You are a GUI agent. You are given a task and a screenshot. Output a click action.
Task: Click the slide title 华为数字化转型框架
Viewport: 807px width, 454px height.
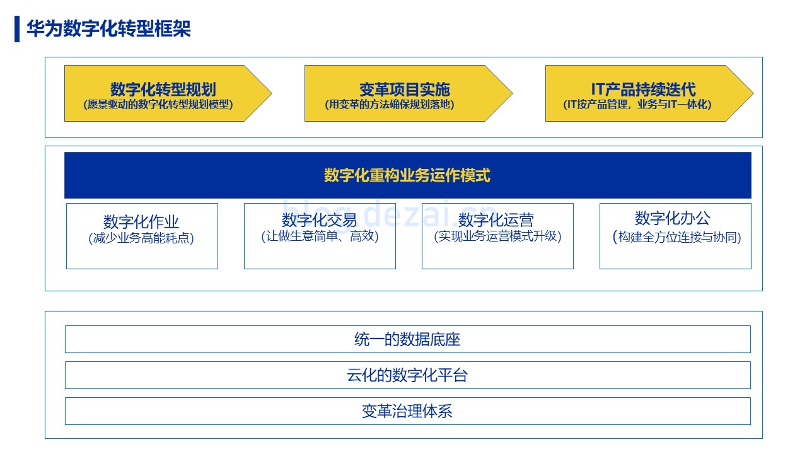[x=108, y=28]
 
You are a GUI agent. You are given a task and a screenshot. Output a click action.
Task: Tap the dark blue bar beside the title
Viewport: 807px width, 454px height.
[x=17, y=29]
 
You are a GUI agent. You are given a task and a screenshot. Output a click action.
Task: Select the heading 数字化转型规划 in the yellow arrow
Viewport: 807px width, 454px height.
[x=163, y=90]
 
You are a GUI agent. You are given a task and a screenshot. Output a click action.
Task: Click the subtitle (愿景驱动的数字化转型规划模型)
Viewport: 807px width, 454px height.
[x=158, y=105]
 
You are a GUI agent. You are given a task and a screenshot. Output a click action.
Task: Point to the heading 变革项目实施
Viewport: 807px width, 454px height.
[x=405, y=90]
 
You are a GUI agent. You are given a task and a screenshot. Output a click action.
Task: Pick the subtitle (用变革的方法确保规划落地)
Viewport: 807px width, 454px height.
[x=390, y=105]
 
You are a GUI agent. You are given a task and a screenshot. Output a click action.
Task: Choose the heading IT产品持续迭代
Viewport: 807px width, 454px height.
[x=644, y=90]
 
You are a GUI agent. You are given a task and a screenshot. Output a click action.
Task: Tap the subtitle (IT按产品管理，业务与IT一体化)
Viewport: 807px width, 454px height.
[x=637, y=105]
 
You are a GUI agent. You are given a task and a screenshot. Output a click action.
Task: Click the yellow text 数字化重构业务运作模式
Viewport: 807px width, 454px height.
[x=407, y=175]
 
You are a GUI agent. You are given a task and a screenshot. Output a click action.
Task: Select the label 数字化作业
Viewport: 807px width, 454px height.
[x=141, y=222]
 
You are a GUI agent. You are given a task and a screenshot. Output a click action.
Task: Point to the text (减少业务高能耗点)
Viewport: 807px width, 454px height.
[x=141, y=238]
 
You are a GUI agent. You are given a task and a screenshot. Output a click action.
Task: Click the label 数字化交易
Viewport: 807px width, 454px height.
[x=319, y=220]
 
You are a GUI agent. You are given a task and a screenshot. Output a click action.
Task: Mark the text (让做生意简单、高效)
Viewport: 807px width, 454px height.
[x=320, y=236]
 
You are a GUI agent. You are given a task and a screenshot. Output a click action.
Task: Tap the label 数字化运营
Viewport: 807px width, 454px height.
[x=496, y=220]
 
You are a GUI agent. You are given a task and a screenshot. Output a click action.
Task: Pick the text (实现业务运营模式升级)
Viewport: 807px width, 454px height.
[x=497, y=236]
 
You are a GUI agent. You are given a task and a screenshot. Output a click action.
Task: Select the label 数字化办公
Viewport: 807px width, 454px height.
[x=672, y=218]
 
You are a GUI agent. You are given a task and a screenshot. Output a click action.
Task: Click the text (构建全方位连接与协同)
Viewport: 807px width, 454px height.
[x=676, y=237]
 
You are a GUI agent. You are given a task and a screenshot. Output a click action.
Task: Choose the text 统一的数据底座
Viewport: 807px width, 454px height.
[x=407, y=339]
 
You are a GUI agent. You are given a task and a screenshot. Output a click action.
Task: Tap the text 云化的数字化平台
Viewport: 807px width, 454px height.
[x=407, y=375]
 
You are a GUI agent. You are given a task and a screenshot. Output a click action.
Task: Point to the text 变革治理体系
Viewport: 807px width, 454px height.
[x=407, y=412]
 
